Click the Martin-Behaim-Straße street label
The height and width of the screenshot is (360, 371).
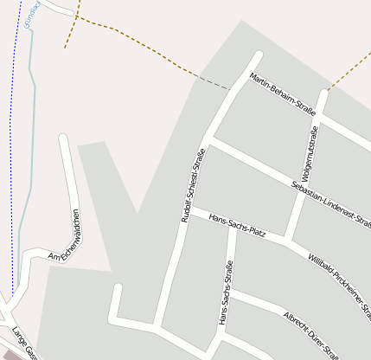click(x=281, y=94)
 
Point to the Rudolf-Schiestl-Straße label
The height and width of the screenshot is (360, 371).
click(x=191, y=185)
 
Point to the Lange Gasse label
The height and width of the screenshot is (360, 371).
click(x=23, y=343)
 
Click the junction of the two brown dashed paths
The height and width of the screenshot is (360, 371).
click(x=76, y=16)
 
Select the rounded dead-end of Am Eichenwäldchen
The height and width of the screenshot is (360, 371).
click(x=63, y=138)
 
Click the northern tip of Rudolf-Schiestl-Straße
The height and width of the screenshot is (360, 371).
click(x=257, y=56)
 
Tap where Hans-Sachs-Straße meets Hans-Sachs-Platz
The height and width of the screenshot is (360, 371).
click(x=231, y=227)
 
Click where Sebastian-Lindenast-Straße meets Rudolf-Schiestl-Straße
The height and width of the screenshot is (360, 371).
click(x=208, y=140)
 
